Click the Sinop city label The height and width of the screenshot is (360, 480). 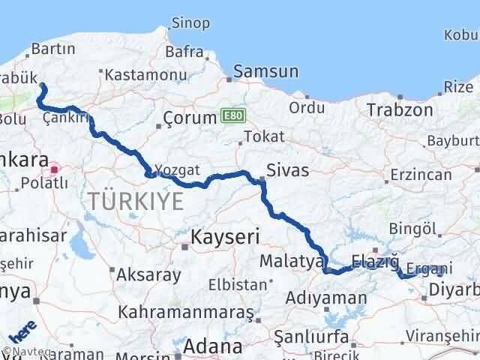click(x=190, y=23)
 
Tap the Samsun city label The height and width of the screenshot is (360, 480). click(x=266, y=72)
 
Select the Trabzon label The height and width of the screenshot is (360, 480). click(x=400, y=110)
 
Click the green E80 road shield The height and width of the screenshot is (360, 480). click(x=232, y=115)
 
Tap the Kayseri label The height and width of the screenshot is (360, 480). click(x=225, y=237)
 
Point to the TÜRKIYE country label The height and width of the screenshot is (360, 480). click(x=135, y=200)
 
